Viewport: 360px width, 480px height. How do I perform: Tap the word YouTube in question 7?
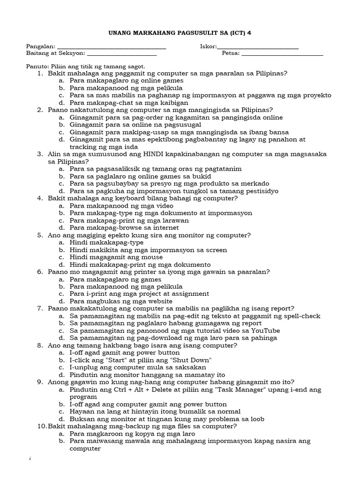[265, 330]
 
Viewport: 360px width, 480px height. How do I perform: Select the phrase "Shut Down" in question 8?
[192, 360]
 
